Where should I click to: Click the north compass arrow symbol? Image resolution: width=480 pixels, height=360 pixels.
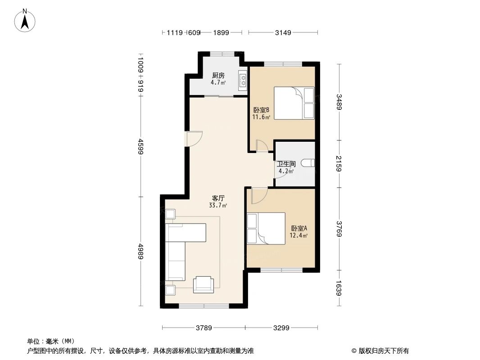tap(26, 20)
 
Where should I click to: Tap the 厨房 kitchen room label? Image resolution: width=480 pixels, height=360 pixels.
tap(218, 76)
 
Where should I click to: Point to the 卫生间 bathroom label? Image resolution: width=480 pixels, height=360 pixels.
tap(286, 164)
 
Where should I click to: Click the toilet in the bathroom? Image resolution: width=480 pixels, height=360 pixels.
tap(309, 163)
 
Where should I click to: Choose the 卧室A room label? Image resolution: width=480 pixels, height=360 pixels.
tap(299, 228)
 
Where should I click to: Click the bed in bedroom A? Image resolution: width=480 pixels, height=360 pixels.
tap(266, 229)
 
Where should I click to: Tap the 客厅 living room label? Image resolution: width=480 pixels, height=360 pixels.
tap(218, 198)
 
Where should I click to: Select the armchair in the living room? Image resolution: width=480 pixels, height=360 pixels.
tap(204, 284)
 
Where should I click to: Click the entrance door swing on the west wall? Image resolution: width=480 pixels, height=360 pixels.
tap(195, 138)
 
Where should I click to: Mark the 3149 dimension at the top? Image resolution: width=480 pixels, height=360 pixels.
tap(283, 32)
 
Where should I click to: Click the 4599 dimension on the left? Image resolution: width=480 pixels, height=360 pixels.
tap(140, 146)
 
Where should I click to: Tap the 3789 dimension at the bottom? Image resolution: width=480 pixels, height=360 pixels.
tap(204, 328)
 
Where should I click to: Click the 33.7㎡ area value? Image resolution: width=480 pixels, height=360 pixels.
tap(218, 206)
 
